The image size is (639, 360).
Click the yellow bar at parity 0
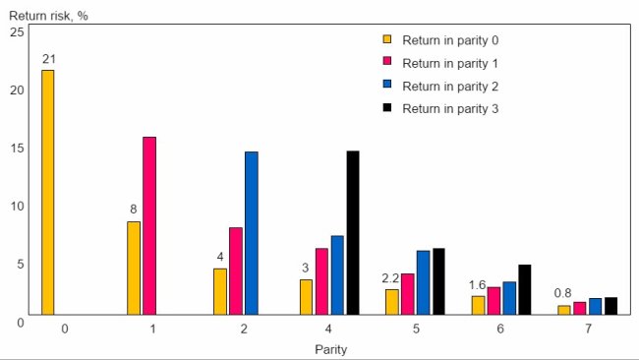tap(47, 192)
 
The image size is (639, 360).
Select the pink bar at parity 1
tap(149, 225)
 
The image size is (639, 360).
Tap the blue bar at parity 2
tap(252, 233)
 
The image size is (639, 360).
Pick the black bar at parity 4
tap(353, 233)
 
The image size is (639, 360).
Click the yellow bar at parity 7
tap(563, 310)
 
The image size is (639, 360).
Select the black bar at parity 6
tap(525, 289)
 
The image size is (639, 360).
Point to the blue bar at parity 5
tap(423, 282)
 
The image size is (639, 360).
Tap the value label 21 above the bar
tap(48, 60)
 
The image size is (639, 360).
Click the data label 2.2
tap(390, 278)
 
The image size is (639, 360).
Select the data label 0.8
tap(563, 293)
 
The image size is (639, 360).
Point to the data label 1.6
tap(477, 284)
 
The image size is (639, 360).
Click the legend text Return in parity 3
tap(450, 109)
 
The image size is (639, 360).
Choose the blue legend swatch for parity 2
tap(387, 87)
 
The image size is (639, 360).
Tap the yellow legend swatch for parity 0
tap(387, 40)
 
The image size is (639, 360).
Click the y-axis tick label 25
tap(16, 32)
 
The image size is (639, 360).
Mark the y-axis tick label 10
tap(16, 207)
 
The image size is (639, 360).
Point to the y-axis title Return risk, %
tap(47, 15)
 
